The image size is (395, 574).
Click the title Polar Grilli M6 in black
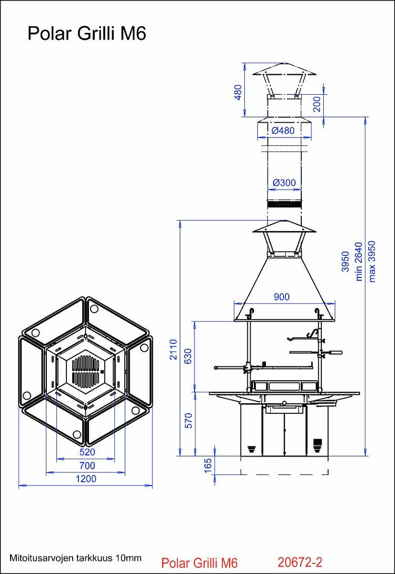[x=87, y=34]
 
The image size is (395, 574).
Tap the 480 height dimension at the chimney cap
[x=238, y=92]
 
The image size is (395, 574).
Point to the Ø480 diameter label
[x=283, y=131]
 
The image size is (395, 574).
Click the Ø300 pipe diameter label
[x=284, y=183]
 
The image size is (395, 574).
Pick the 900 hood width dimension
[x=282, y=297]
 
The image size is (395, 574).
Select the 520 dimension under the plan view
[x=87, y=452]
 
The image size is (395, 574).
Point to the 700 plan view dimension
[x=87, y=466]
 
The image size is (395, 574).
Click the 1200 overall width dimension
[x=86, y=479]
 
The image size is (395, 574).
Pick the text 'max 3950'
[x=372, y=261]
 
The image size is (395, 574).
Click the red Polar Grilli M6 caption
[x=200, y=563]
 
